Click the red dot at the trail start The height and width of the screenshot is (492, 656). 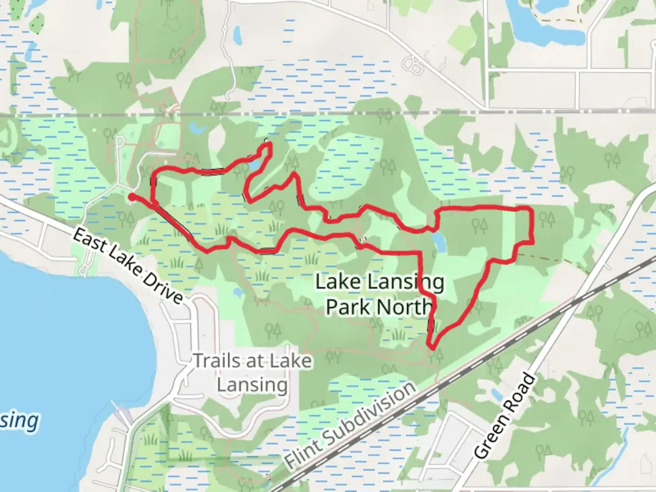point(131,197)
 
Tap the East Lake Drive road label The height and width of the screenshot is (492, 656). point(127,266)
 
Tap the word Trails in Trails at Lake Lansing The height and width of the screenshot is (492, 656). point(216,361)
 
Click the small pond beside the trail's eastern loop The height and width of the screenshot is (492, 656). point(439,241)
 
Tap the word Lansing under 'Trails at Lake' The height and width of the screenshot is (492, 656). point(252,385)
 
